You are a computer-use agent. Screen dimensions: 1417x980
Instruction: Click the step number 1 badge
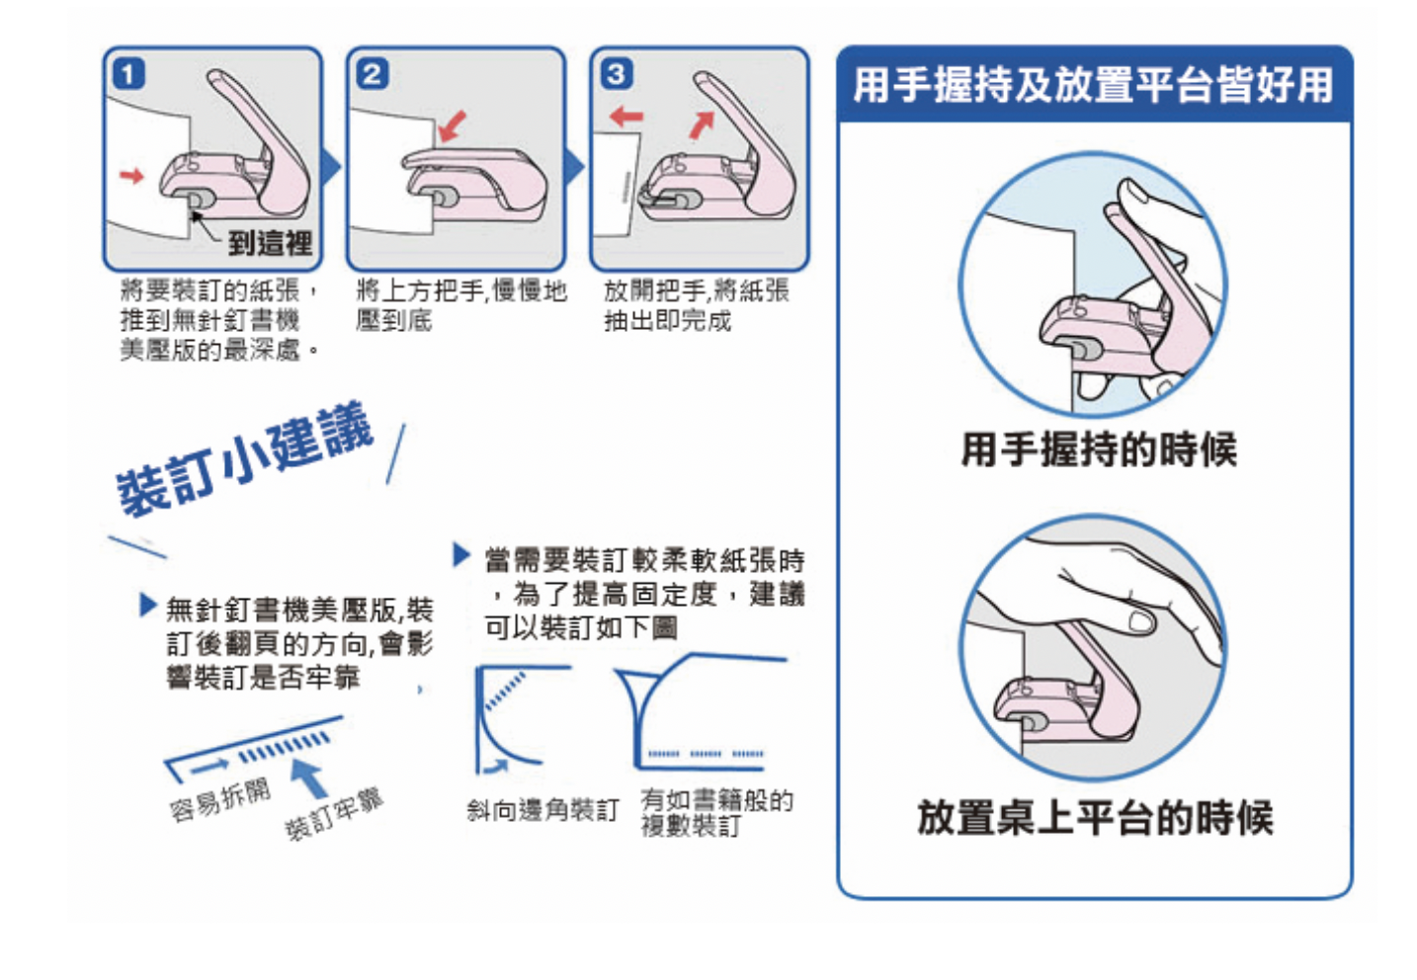pos(128,74)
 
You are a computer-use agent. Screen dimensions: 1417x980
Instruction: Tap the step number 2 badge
pos(372,74)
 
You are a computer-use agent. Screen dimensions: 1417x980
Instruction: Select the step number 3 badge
pos(617,74)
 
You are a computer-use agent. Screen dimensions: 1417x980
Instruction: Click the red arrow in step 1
pos(131,175)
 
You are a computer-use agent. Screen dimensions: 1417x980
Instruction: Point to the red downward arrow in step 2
pos(452,126)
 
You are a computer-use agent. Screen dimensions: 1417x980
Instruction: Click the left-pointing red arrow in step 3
pos(625,117)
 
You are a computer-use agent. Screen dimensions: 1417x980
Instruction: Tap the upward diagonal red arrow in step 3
pos(702,124)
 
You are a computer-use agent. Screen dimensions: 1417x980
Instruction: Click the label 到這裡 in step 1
pos(270,243)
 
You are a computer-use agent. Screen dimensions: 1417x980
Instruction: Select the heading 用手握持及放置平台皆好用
pos(1093,85)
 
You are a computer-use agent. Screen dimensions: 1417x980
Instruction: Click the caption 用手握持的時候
pos(1099,449)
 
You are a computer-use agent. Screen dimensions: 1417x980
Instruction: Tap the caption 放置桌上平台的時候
pos(1095,817)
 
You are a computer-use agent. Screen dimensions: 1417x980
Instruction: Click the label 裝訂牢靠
pos(334,815)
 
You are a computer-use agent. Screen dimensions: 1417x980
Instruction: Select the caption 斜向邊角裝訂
pos(542,810)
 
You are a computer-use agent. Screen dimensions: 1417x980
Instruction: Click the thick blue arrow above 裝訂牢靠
pos(309,778)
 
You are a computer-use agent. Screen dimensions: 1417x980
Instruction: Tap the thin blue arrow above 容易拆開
pos(209,767)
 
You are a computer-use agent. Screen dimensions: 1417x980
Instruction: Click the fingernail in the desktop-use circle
pos(1142,621)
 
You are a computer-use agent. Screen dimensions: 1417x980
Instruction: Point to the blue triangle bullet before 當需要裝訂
pos(461,555)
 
